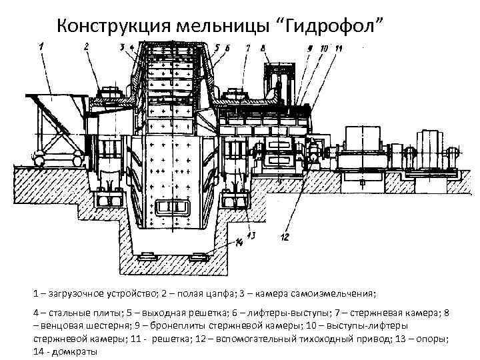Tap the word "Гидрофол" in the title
336,26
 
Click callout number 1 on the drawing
41,46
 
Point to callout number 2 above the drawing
87,46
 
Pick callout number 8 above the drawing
264,48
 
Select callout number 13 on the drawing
251,235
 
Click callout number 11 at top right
339,49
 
